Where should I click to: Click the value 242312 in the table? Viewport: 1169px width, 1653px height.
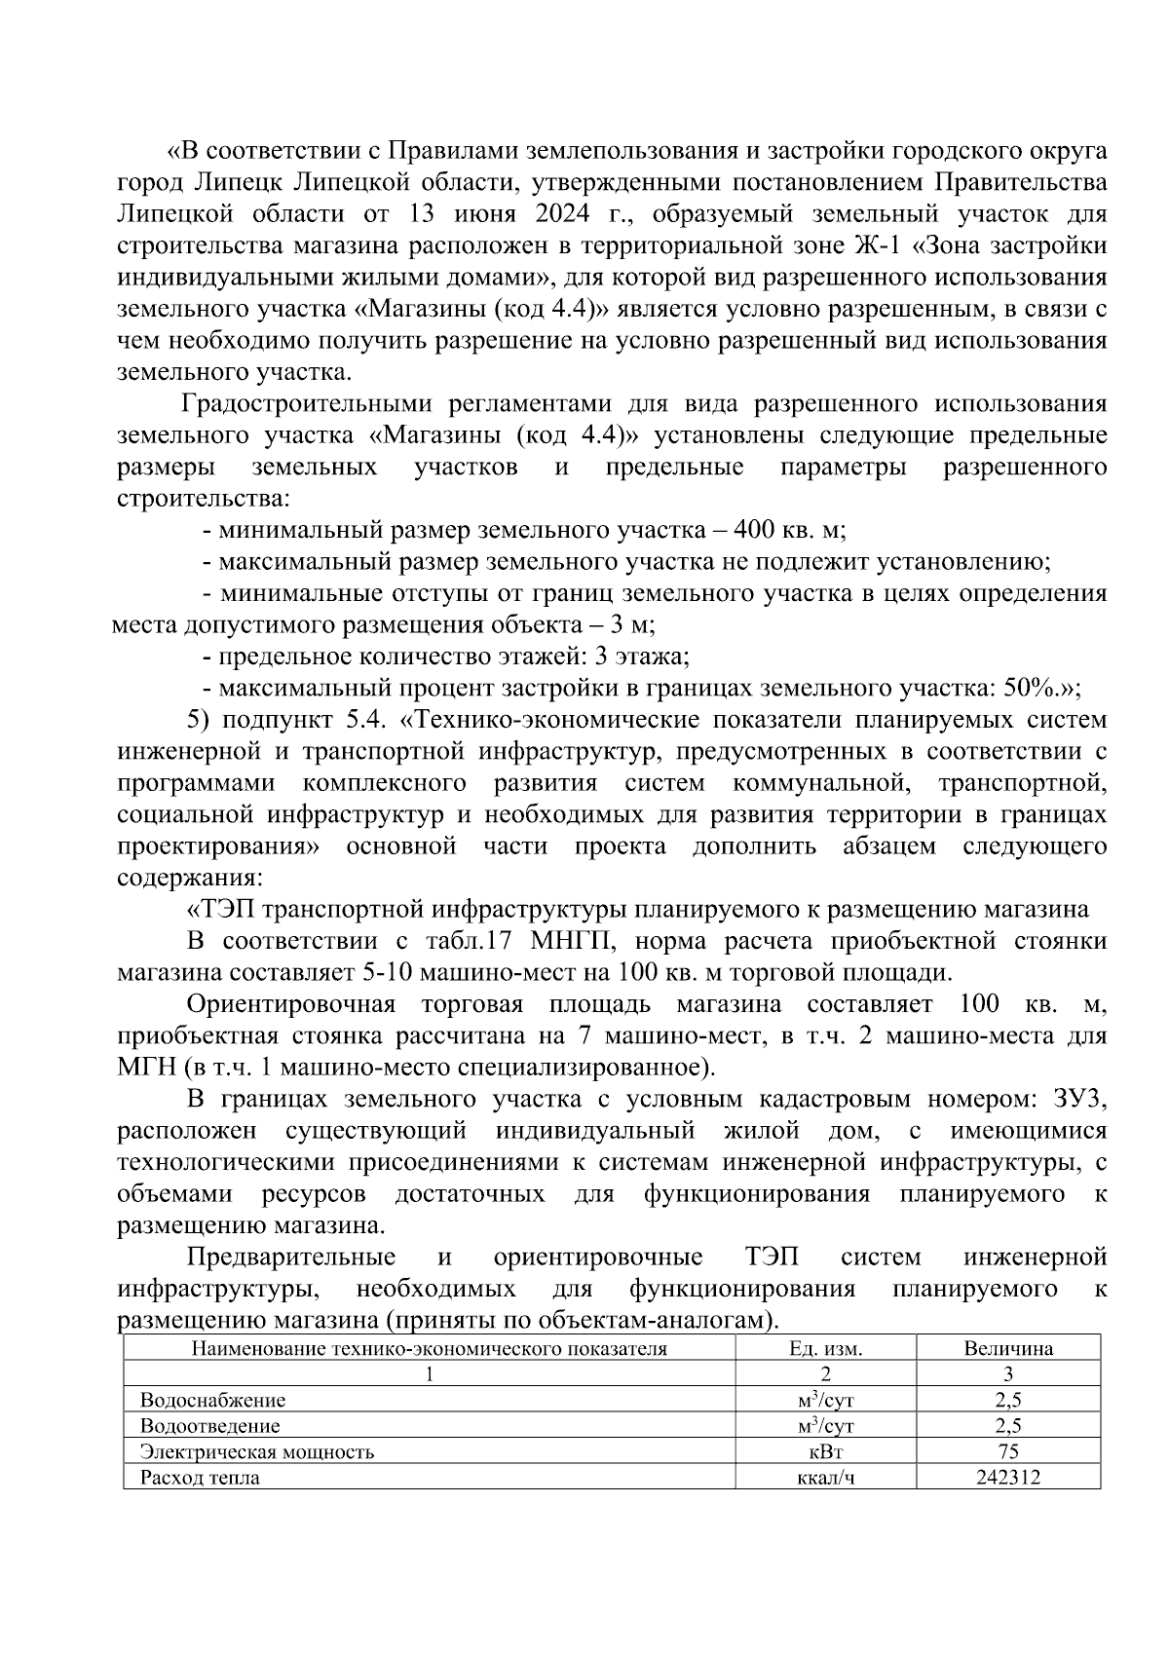click(x=1007, y=1478)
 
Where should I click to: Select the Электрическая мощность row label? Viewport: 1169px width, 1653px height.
click(x=256, y=1452)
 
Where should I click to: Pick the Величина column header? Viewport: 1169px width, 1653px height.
click(x=1007, y=1349)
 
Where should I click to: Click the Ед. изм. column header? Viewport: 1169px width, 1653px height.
click(x=825, y=1349)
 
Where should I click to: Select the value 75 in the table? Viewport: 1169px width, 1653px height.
click(x=1007, y=1452)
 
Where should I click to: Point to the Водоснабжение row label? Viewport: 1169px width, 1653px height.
click(x=212, y=1401)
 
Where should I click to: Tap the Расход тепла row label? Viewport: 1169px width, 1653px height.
click(x=200, y=1478)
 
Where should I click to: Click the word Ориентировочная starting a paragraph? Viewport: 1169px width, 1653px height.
click(x=289, y=1004)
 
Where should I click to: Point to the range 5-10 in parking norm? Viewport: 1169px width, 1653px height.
click(x=386, y=973)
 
